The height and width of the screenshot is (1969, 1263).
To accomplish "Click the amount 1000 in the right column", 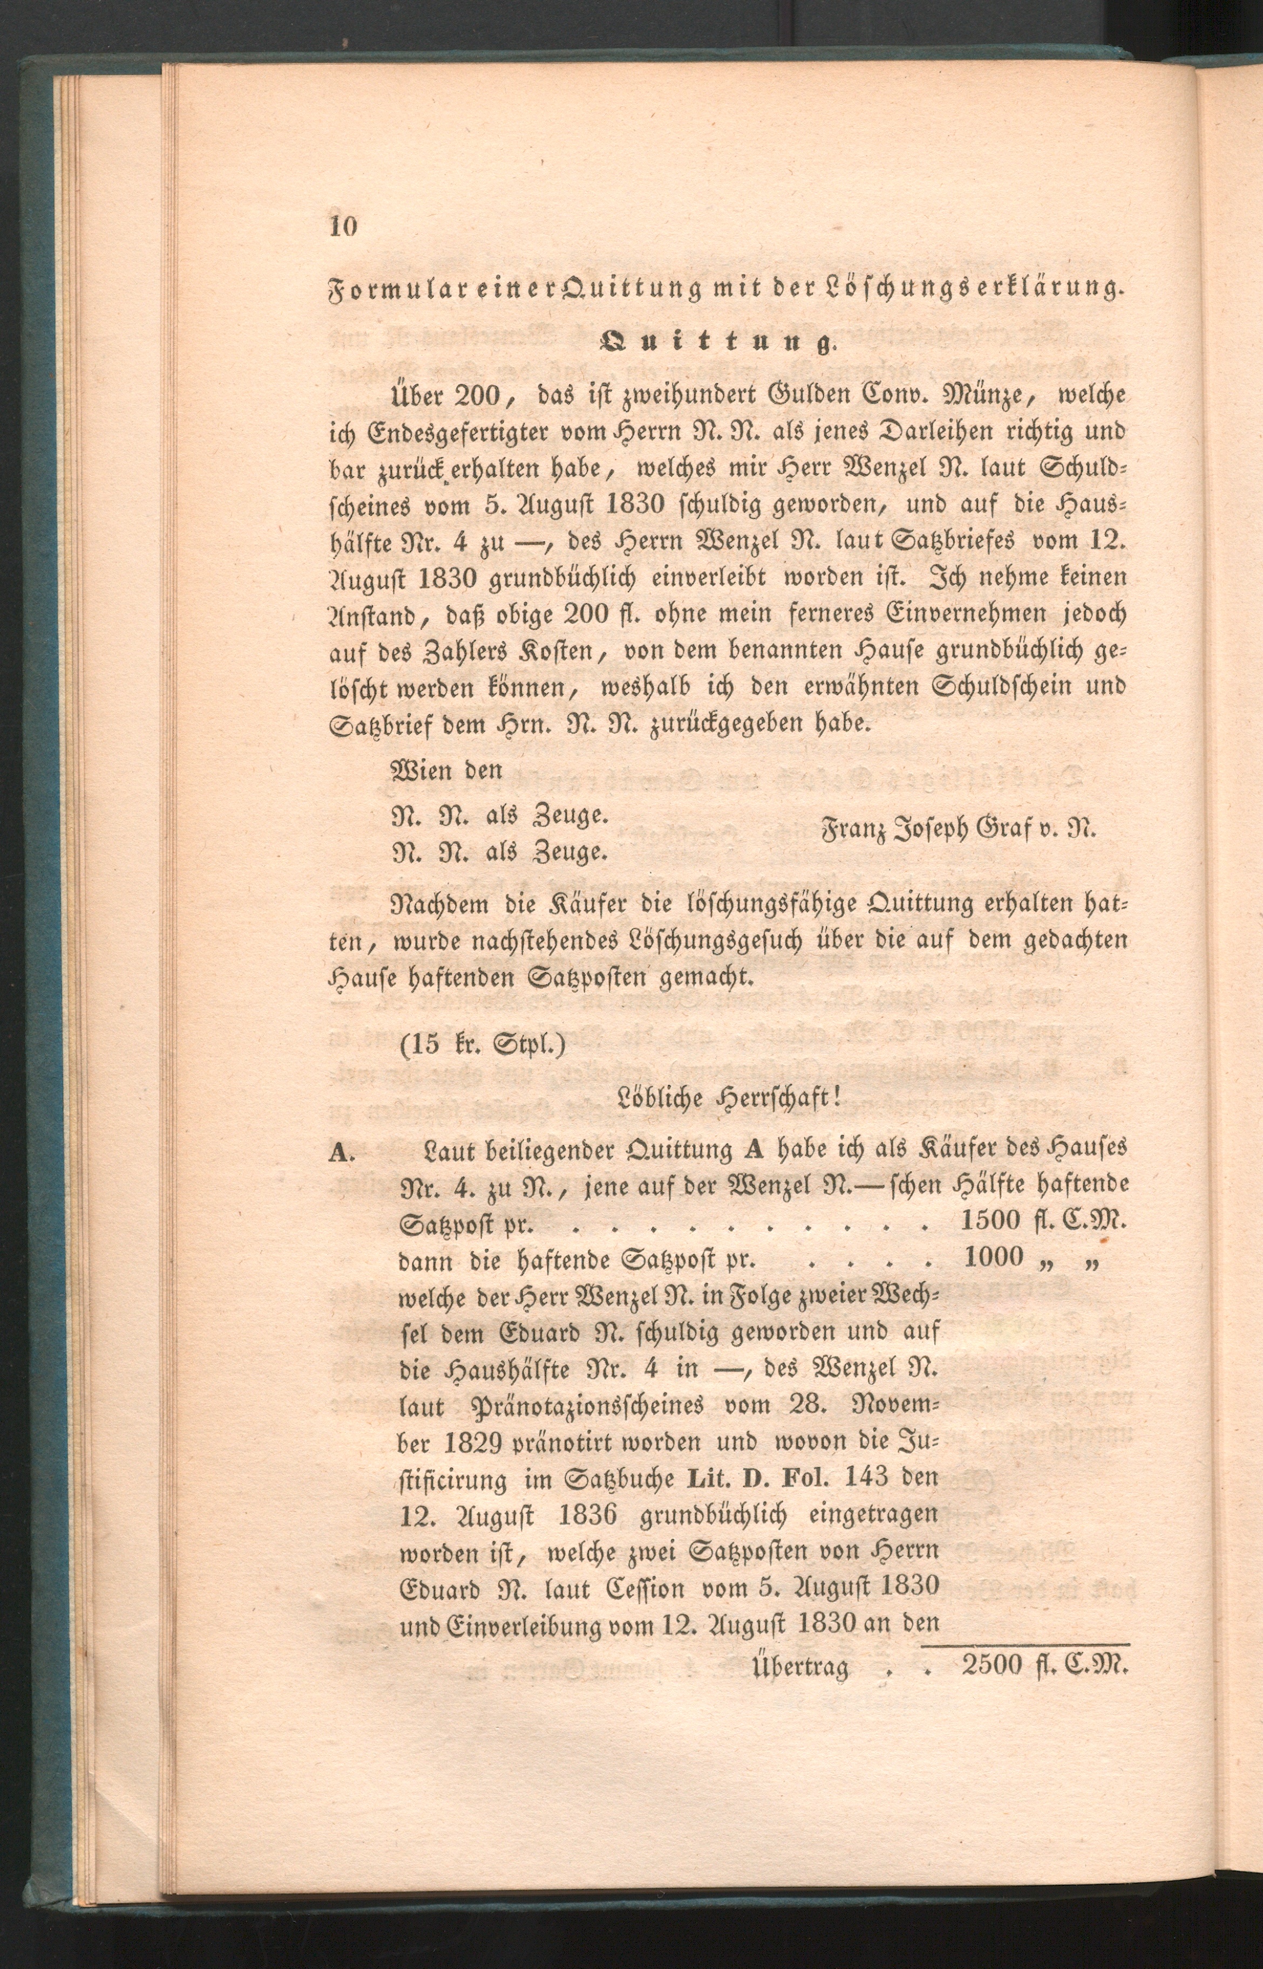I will [x=994, y=1257].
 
